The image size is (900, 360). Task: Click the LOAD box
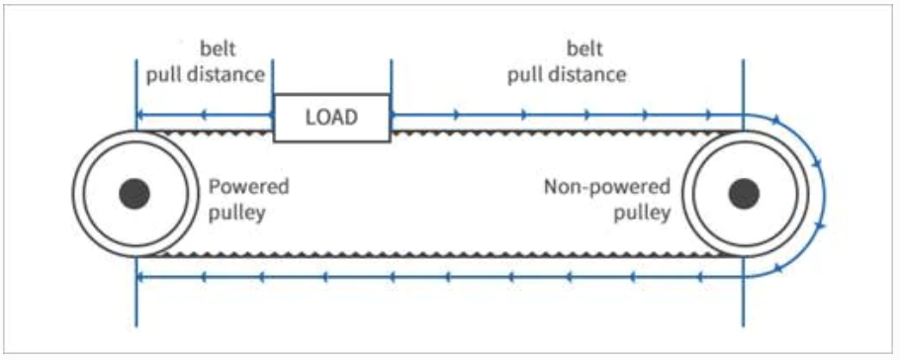coord(331,118)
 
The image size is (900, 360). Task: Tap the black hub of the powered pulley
coord(135,194)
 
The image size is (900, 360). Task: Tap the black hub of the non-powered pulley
coord(744,194)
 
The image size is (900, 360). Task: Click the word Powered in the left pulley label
coord(248,187)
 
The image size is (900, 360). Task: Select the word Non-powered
coord(606,187)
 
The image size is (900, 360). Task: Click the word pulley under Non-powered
coord(642,214)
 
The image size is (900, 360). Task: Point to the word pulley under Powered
coord(236,214)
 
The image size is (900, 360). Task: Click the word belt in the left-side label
coord(219,48)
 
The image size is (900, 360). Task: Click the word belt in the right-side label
coord(585,48)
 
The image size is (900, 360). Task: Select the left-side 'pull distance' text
coord(206,75)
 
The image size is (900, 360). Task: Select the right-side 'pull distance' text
coord(567,75)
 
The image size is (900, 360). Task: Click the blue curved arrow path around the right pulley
coord(824,195)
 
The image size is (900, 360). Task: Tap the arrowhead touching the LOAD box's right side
coord(395,115)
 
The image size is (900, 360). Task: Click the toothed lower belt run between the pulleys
coord(439,254)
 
